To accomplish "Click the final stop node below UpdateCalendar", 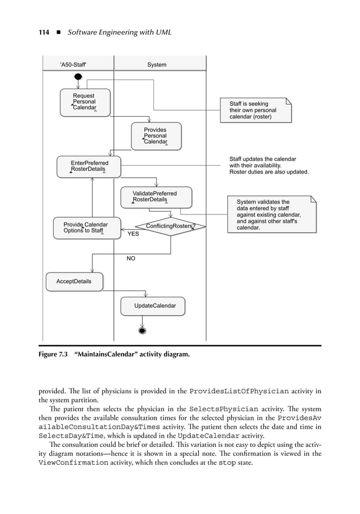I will coord(143,331).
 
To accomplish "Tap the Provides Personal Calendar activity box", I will coord(156,136).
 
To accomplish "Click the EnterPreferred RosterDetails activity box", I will coord(89,166).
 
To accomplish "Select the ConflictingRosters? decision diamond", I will coord(170,227).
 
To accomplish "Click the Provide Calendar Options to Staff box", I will coord(86,227).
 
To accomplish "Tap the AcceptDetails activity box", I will coord(74,281).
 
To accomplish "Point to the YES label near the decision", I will coord(133,234).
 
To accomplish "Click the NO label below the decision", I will coord(131,258).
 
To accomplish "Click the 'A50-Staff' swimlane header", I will coord(73,65).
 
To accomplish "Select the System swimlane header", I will coord(156,65).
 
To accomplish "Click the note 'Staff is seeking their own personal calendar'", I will coord(256,110).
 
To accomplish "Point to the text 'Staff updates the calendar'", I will coord(262,159).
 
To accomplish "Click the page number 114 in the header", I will coord(45,32).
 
